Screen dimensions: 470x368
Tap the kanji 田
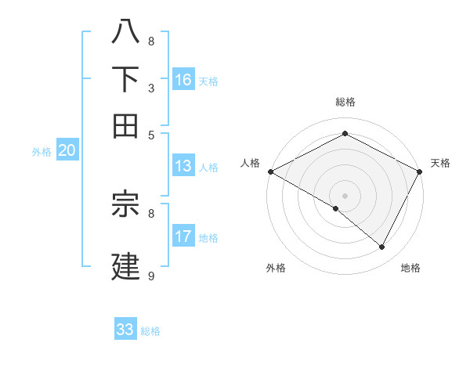point(126,125)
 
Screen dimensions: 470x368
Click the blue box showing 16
point(183,80)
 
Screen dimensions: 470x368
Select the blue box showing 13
point(183,166)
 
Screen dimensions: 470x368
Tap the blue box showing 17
point(183,236)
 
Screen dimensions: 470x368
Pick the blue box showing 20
point(67,151)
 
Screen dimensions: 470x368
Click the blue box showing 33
point(125,330)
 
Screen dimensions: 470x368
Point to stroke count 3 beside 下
point(151,88)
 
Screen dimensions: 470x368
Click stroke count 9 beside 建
point(151,276)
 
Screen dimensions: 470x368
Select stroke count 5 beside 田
point(151,135)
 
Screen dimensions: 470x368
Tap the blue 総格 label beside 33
point(150,331)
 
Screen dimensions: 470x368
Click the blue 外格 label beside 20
point(42,152)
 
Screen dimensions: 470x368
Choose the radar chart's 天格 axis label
point(440,163)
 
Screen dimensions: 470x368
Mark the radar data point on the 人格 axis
point(270,171)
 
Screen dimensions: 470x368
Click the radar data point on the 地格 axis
point(382,247)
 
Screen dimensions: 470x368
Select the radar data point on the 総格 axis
point(345,133)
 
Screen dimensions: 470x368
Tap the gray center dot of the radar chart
point(345,195)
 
